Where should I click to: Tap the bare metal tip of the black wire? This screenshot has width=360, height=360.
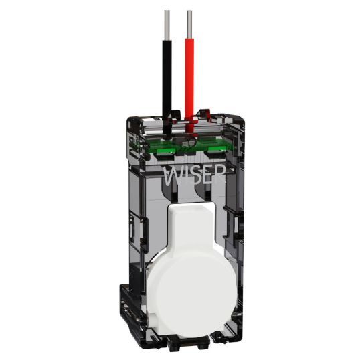167,25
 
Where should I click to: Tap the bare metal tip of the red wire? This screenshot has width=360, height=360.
189,24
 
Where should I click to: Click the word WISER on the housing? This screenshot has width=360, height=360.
194,175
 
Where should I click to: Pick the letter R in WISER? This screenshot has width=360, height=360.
219,175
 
